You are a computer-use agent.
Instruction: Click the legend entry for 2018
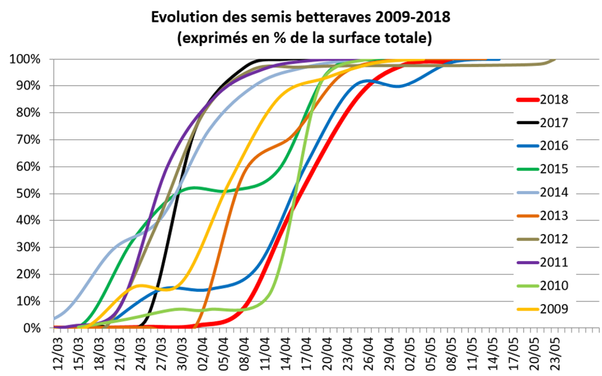(554, 100)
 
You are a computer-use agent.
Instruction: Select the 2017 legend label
(554, 123)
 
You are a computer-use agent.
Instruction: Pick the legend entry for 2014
(554, 193)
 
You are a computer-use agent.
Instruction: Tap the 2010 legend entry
(554, 286)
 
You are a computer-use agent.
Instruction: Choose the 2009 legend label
(554, 309)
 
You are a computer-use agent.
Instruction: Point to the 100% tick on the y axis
(26, 59)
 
